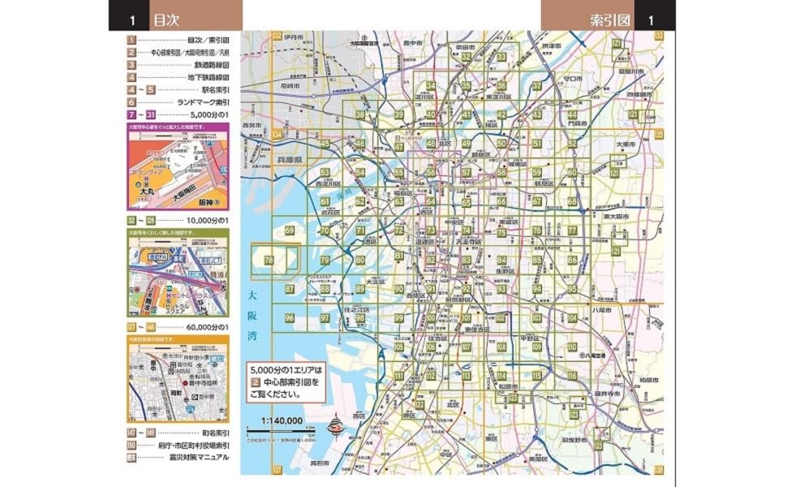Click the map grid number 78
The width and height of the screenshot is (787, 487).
[269, 260]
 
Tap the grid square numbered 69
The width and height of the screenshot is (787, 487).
[290, 231]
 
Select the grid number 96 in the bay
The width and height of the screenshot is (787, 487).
[290, 317]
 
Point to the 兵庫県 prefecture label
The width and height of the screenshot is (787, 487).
[286, 162]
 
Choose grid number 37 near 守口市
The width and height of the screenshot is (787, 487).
[536, 86]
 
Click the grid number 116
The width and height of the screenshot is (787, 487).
[572, 376]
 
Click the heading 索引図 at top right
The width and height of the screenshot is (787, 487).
[611, 16]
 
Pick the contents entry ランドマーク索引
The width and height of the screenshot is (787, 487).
[204, 103]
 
